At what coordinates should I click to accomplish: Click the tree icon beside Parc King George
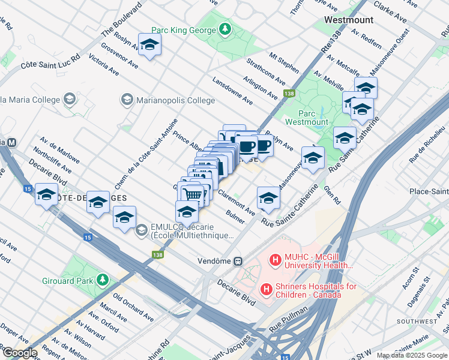pos(224,29)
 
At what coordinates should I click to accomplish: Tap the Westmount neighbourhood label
pos(348,20)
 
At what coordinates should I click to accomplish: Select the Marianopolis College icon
pos(127,99)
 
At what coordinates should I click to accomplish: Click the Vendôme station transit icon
pos(238,261)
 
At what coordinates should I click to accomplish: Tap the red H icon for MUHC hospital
pos(276,260)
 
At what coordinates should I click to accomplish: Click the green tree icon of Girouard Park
pos(103,280)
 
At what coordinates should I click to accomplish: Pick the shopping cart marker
pos(193,194)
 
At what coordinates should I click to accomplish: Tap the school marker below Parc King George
pos(149,44)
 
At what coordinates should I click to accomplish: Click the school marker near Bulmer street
pos(268,197)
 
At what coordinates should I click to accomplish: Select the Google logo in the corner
pos(19,353)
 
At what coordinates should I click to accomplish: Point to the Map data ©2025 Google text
pos(411,355)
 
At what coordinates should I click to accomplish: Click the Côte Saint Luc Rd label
pos(50,62)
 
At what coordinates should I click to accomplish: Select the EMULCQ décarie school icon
pos(141,230)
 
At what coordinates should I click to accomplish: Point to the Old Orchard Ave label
pos(133,305)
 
